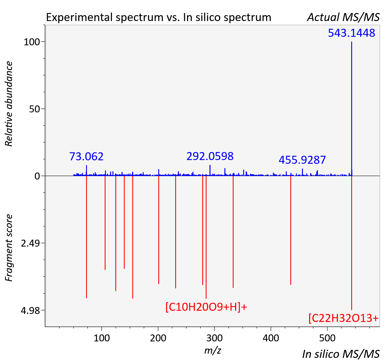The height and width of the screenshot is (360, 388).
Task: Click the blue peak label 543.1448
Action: (x=351, y=33)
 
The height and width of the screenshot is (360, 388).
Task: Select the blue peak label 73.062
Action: (x=86, y=157)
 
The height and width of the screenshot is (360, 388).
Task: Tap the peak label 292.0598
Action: (x=210, y=156)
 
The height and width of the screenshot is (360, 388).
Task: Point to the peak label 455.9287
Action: (x=302, y=160)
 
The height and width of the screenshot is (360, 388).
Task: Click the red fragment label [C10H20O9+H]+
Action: (x=206, y=307)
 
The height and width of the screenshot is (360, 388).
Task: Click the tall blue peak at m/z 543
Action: (x=352, y=109)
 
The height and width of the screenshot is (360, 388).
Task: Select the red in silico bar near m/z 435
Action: (x=291, y=230)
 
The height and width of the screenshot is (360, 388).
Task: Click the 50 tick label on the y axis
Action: (x=34, y=109)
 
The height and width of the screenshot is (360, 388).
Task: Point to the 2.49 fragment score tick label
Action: (x=30, y=243)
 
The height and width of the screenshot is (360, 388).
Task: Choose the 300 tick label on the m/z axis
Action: (x=215, y=338)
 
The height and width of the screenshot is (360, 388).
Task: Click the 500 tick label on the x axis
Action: (x=328, y=338)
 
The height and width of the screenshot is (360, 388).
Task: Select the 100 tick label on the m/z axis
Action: (x=102, y=338)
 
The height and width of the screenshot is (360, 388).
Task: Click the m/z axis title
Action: (x=213, y=350)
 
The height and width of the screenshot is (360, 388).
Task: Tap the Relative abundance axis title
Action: (x=9, y=104)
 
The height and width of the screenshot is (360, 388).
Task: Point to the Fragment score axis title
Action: (x=9, y=248)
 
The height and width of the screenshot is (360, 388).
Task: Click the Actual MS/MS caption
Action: (x=343, y=17)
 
